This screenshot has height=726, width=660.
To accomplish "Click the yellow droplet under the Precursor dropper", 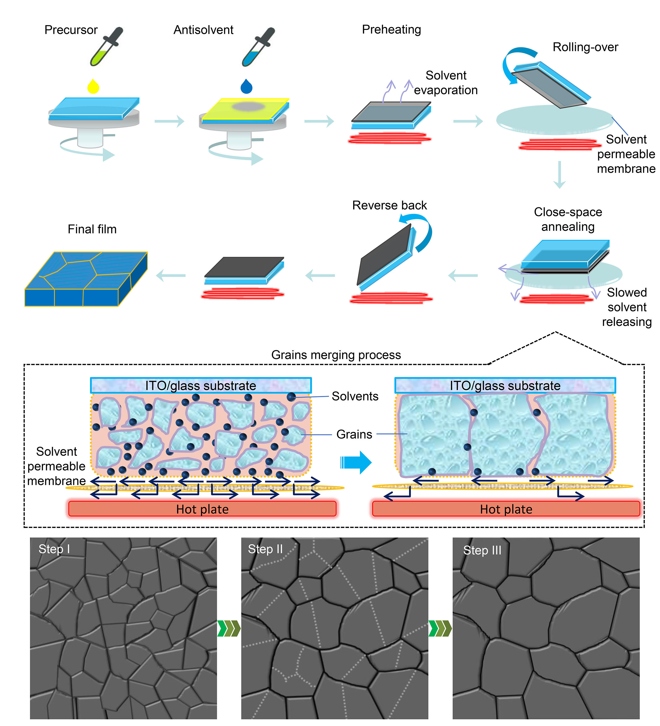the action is pos(93,86).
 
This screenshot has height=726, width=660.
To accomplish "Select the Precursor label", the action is pos(71,30).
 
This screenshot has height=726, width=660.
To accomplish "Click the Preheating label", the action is pos(391,30).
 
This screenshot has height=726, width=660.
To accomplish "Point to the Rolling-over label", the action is pos(585,47).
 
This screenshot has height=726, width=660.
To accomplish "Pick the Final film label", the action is pos(92,229).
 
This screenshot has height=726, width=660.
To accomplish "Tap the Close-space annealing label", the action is pos(568,219).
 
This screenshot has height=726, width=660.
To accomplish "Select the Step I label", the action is pos(54,549).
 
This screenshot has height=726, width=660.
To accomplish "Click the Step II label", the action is pos(265,549).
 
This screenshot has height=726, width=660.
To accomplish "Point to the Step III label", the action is pos(482,550).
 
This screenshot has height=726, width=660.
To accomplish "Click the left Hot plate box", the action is pos(202,509).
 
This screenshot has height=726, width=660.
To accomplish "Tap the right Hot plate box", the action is pos(506,509).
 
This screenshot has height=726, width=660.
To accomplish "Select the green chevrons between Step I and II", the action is pos(229,628).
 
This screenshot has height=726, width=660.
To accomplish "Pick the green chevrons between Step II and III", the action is pos(440,628).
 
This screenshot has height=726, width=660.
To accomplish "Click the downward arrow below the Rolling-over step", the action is pos(559,175).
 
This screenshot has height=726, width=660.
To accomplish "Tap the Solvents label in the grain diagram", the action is pos(355,396).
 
